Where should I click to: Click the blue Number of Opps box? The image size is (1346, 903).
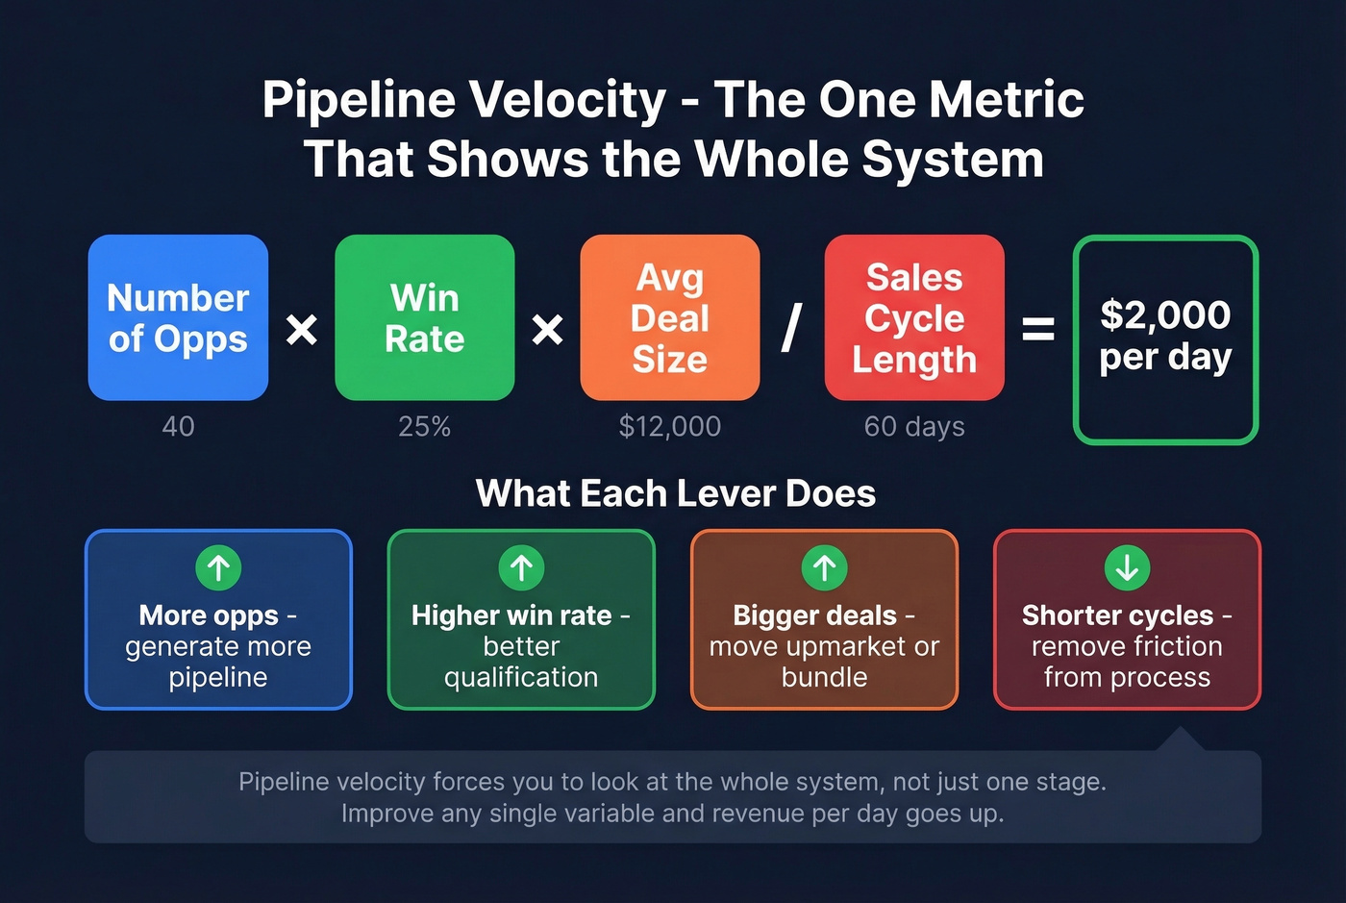(178, 317)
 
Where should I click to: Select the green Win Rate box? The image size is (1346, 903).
(424, 317)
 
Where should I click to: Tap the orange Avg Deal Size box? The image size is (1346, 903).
(670, 317)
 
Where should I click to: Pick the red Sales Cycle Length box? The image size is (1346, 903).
(914, 317)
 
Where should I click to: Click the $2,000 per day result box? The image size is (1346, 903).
(1165, 339)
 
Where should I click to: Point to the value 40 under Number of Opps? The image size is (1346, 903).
(178, 426)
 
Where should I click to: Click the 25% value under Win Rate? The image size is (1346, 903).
(424, 426)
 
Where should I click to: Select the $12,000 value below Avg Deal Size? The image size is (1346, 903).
(670, 426)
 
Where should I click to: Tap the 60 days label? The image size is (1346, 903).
(914, 426)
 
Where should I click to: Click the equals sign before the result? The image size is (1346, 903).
(1038, 331)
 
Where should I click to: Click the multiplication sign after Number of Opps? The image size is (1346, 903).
(302, 331)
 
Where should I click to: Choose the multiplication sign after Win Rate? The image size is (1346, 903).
(548, 331)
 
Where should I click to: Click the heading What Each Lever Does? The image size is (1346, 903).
(676, 493)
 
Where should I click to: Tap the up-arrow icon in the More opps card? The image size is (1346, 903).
(218, 567)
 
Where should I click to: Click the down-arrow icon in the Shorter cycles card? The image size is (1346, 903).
(1127, 567)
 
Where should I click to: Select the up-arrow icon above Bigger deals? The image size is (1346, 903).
(824, 567)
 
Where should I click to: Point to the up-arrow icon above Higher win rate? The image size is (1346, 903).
(521, 567)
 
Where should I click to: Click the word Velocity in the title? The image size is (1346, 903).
(575, 100)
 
